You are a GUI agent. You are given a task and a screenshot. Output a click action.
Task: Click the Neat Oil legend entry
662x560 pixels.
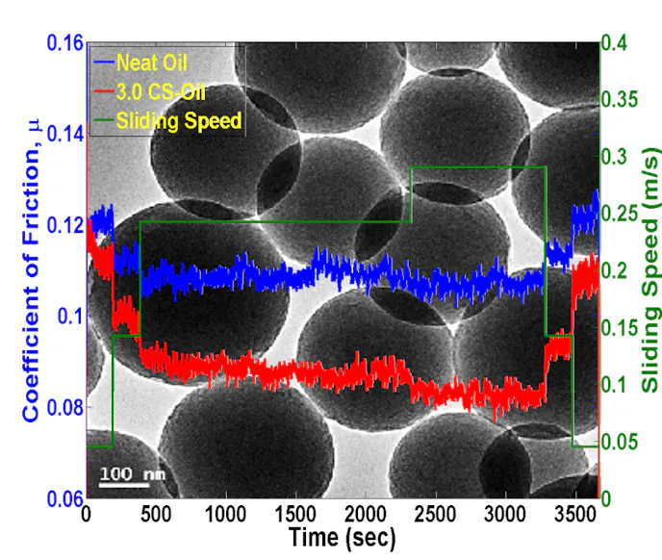[x=151, y=64]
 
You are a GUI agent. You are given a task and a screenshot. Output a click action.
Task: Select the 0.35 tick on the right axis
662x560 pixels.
[x=618, y=100]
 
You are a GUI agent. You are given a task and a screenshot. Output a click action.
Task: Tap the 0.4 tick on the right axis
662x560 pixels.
[x=613, y=43]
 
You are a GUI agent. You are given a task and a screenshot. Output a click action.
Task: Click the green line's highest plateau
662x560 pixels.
[x=478, y=167]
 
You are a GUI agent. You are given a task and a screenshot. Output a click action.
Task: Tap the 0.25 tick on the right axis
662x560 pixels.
[x=618, y=214]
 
